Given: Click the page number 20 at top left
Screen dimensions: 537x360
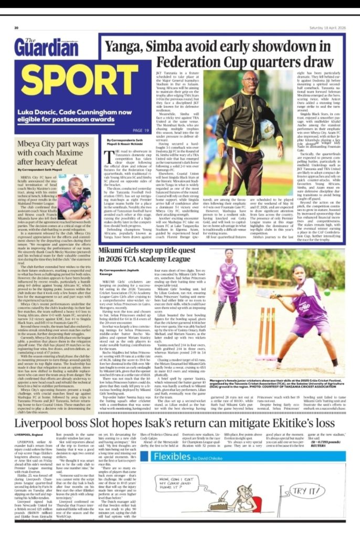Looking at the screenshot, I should coord(17,28).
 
